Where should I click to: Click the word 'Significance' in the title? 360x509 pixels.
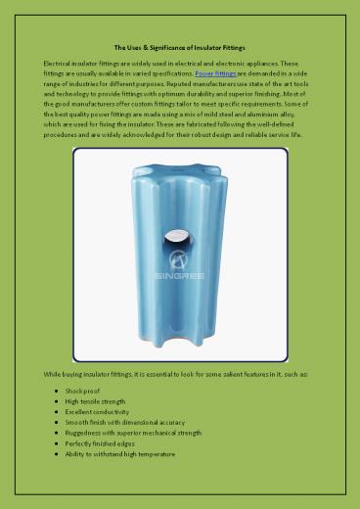(x=171, y=47)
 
